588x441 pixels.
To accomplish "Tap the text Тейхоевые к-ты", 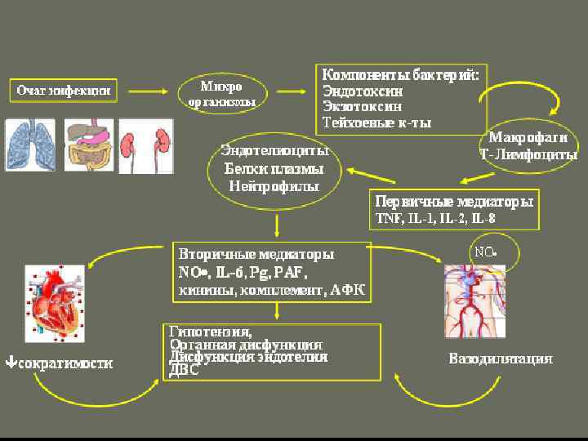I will [x=376, y=122].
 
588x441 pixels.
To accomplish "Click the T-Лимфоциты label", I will [x=528, y=154].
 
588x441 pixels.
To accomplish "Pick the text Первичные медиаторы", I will [x=454, y=201].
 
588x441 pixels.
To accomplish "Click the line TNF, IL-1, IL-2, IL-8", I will [x=434, y=218].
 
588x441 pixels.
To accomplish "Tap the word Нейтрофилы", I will [x=274, y=185].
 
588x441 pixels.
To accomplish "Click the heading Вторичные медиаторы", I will [x=256, y=255].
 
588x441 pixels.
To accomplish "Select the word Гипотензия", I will [x=210, y=332].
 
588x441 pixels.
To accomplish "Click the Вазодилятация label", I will [x=501, y=359].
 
